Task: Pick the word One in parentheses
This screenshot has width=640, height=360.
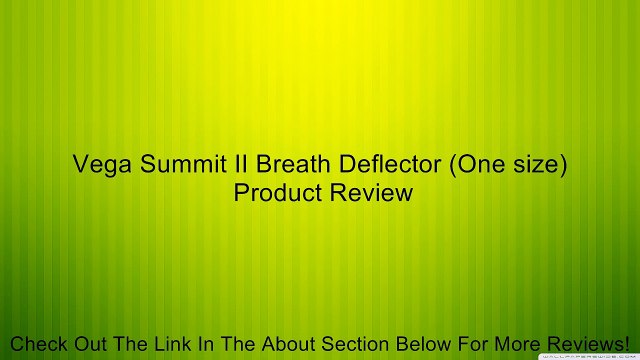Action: [474, 165]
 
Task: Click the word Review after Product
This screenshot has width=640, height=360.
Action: [372, 192]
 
